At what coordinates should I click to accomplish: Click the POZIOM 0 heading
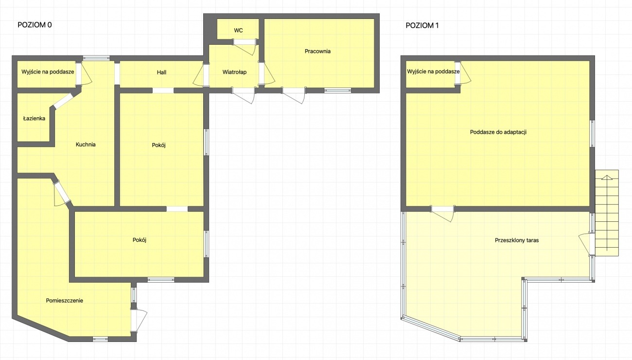click(x=35, y=25)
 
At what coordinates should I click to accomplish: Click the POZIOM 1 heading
click(x=422, y=25)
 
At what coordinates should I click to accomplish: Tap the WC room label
click(x=238, y=30)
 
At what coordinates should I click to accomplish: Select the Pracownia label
click(x=317, y=51)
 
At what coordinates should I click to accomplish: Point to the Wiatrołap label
click(x=234, y=72)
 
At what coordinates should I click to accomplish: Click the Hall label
click(x=162, y=72)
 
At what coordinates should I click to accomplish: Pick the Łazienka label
click(x=34, y=118)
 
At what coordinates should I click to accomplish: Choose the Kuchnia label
click(x=86, y=144)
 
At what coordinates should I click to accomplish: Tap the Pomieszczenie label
click(x=65, y=301)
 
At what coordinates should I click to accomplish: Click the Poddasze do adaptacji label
click(x=498, y=132)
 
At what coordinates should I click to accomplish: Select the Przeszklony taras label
click(x=517, y=240)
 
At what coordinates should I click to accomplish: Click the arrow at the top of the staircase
click(x=607, y=178)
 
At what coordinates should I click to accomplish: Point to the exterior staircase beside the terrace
click(x=607, y=213)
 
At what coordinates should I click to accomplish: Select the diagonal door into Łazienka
click(x=63, y=101)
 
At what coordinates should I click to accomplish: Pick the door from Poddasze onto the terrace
click(x=442, y=214)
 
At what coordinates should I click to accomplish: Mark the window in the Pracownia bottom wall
click(x=337, y=90)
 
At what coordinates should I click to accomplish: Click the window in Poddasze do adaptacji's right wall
click(x=592, y=134)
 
